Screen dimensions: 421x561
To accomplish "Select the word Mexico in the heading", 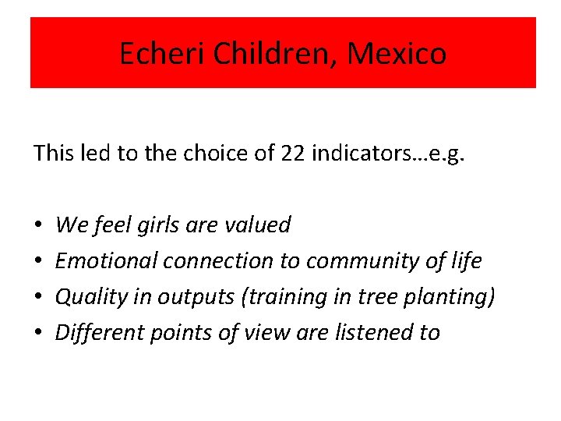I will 397,54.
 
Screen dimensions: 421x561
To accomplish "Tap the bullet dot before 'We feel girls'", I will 38,226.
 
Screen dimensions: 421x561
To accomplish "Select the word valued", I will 257,225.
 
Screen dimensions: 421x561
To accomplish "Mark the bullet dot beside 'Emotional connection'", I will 38,262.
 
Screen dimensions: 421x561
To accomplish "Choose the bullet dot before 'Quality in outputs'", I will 38,298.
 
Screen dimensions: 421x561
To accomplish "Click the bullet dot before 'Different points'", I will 38,334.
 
